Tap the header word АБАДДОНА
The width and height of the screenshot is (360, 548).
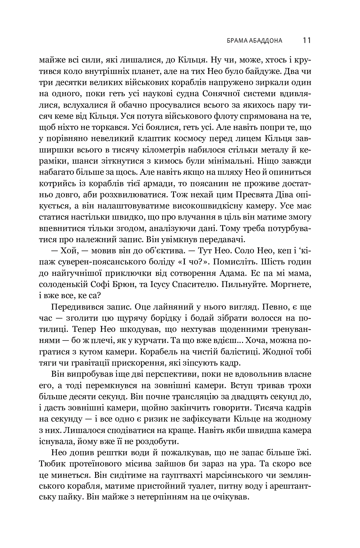(266, 41)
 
